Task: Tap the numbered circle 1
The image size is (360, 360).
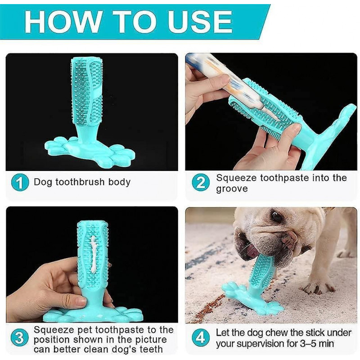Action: pyautogui.click(x=19, y=183)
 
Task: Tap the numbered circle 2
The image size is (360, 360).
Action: pyautogui.click(x=201, y=183)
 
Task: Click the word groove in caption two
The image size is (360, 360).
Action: pyautogui.click(x=231, y=189)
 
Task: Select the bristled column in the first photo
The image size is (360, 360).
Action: pyautogui.click(x=86, y=90)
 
